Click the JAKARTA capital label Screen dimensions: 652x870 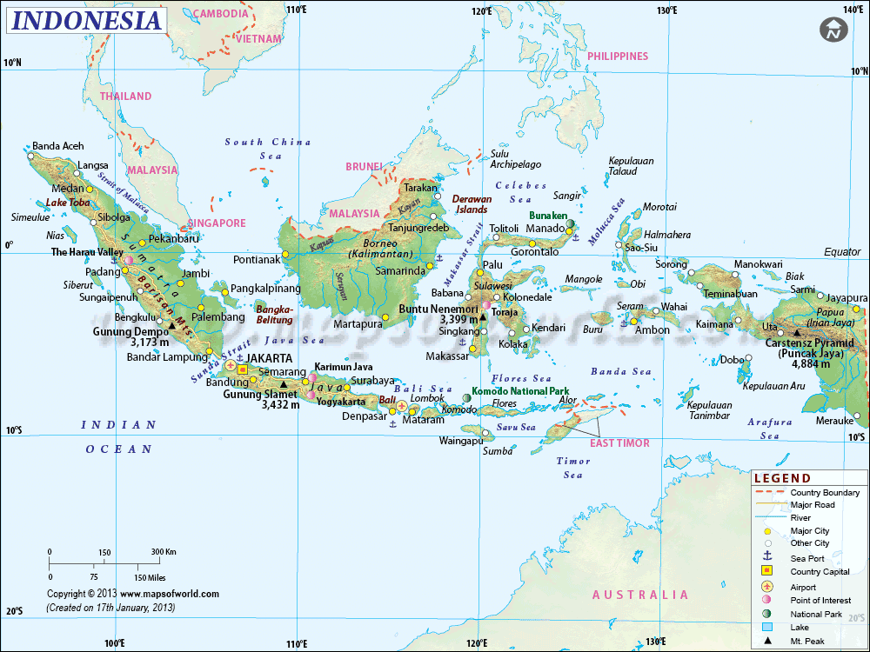270,357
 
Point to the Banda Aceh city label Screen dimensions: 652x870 57,146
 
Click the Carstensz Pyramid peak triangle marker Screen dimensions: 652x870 797,332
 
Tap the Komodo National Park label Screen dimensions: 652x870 520,391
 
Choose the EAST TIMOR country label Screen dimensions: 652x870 619,443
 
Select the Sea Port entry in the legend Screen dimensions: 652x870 807,557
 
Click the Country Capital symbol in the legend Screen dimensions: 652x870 767,571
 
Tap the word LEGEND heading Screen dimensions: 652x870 782,478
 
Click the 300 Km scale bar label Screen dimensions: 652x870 164,552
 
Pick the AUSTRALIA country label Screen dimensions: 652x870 640,595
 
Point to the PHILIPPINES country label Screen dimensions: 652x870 618,57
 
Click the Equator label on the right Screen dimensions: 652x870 842,252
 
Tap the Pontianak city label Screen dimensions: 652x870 258,259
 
